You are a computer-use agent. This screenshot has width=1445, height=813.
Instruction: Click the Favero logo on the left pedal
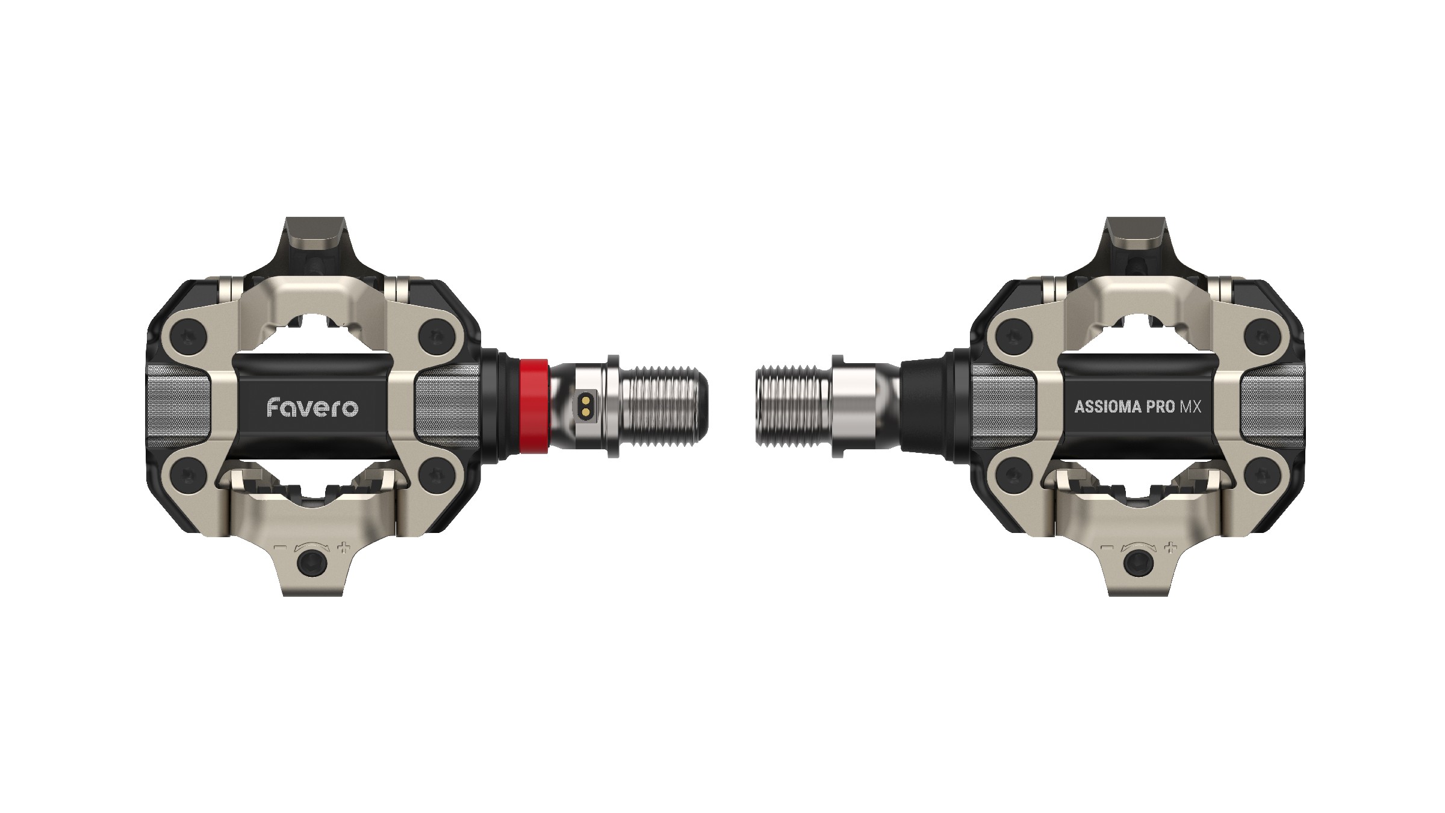click(312, 408)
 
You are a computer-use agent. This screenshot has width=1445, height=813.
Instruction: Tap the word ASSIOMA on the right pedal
click(1108, 407)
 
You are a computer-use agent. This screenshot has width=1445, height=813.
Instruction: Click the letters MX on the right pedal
click(1190, 407)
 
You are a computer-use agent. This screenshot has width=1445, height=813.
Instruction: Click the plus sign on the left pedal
click(344, 548)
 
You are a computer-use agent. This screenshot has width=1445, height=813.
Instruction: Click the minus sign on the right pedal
click(1107, 548)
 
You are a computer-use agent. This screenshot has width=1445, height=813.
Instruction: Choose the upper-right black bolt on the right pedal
click(1260, 335)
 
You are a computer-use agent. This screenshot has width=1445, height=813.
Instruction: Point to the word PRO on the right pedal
click(1160, 407)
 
